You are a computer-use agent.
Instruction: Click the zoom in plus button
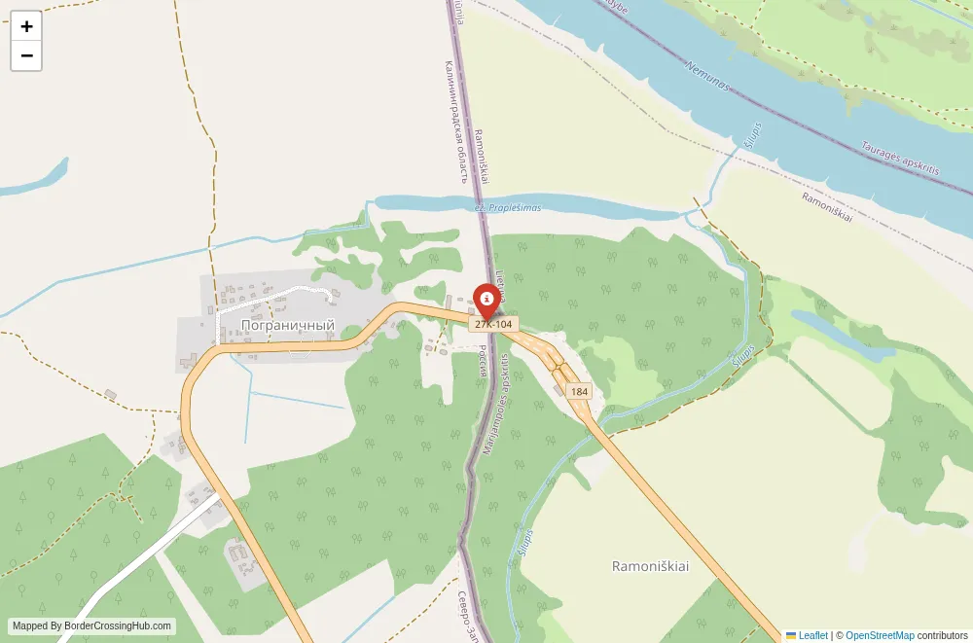click(26, 26)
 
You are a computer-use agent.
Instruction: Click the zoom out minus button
click(26, 56)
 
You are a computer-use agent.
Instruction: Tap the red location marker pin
click(486, 298)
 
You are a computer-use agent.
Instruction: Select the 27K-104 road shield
click(493, 324)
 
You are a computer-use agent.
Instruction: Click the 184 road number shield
click(579, 391)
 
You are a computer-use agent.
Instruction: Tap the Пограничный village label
click(287, 325)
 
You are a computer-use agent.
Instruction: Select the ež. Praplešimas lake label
click(508, 208)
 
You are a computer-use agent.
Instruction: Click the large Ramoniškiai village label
click(650, 566)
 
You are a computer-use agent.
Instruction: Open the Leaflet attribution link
click(806, 635)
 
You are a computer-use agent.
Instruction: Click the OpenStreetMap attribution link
click(879, 635)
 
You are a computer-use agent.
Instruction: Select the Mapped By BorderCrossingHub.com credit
click(92, 626)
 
